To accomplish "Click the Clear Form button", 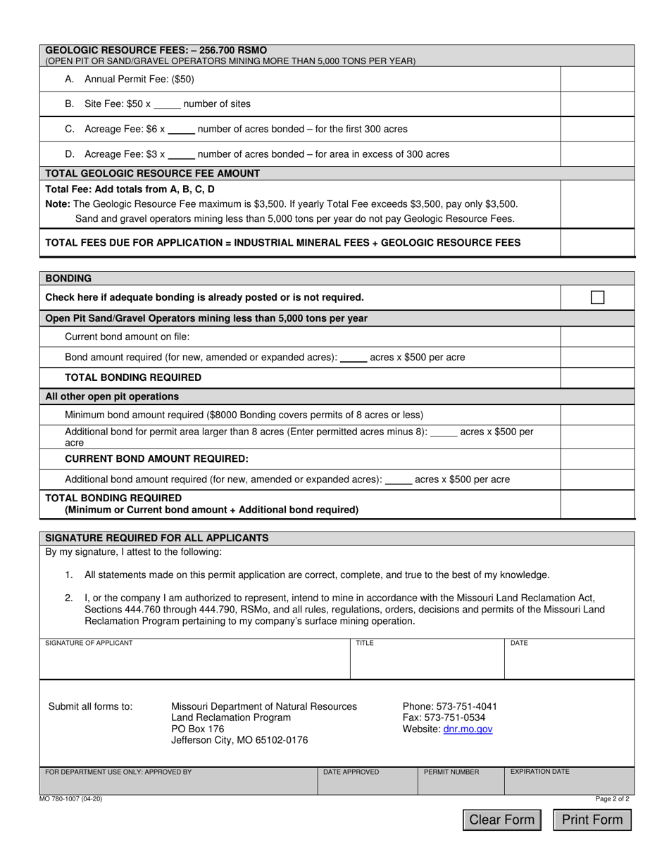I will tap(502, 820).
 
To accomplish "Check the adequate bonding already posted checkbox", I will tap(597, 297).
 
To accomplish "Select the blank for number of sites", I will tap(167, 104).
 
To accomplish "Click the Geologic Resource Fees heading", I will tap(156, 51).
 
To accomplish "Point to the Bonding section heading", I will tap(68, 278).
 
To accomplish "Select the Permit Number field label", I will tap(451, 772).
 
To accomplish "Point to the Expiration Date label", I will tap(539, 772).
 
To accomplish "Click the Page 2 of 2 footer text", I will tap(612, 799).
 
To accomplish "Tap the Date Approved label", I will tap(351, 772).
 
